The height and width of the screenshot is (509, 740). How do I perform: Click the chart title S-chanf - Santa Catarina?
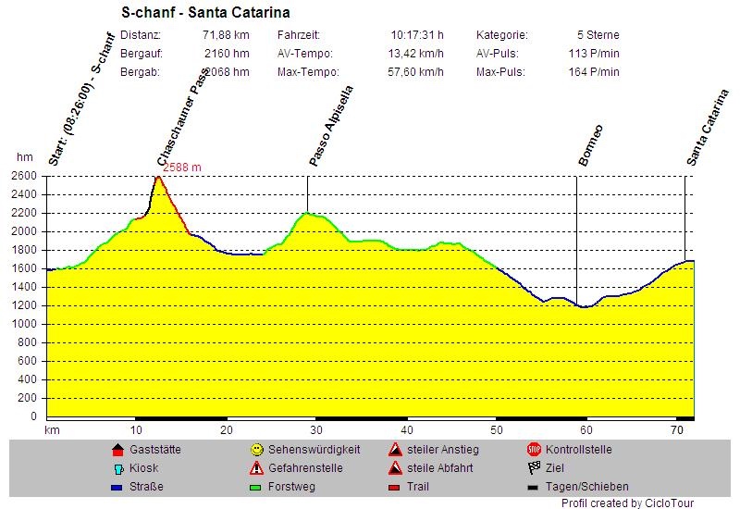pos(205,13)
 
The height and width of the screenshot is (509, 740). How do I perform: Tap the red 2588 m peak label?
pos(183,168)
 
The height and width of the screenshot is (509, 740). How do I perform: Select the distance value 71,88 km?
pos(227,35)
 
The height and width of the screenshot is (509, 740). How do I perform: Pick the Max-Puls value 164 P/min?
pos(594,71)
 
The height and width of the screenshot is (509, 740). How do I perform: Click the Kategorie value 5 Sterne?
pos(598,35)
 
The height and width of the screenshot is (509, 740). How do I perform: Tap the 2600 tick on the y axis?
pos(23,176)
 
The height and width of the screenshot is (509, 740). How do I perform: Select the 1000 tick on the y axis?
pos(23,324)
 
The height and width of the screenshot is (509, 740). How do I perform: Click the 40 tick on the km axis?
pos(406,430)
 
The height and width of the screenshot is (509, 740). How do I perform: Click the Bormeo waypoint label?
pos(591,145)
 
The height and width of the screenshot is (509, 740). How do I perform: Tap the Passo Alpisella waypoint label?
pos(331,127)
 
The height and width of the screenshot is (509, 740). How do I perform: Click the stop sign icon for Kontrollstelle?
pos(534,450)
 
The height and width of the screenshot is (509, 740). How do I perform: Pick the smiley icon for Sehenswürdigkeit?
pos(257,450)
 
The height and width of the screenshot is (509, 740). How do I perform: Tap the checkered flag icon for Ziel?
pos(534,468)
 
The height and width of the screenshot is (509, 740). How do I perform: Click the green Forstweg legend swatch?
pos(257,487)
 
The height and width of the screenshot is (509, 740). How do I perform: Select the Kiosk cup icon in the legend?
pos(117,468)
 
